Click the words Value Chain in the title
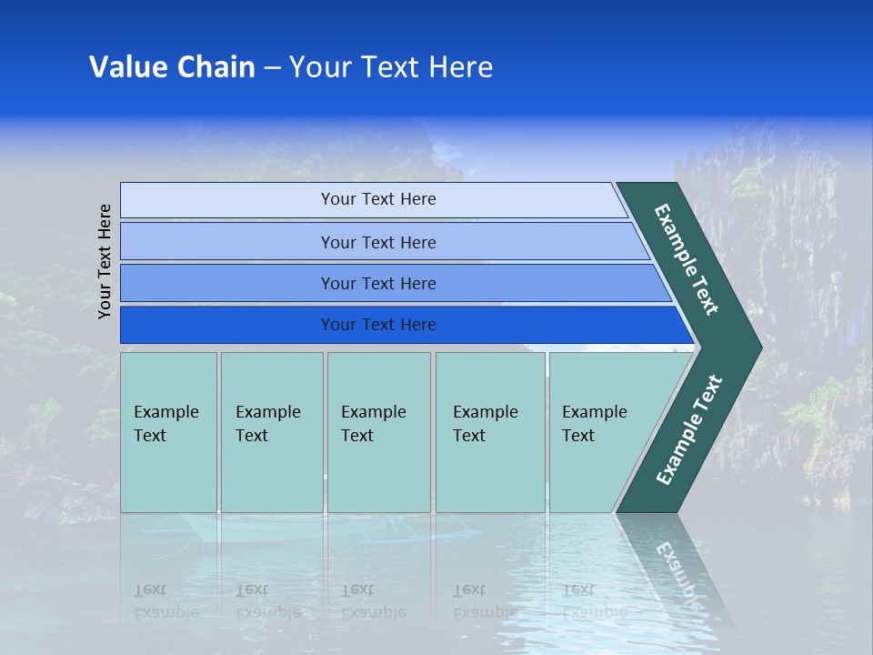coord(172,67)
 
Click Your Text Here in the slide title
coord(391,67)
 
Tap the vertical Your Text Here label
coord(105,261)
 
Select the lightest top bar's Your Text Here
coord(378,199)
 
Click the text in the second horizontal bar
coord(378,243)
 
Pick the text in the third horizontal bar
coord(378,284)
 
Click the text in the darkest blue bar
coord(378,325)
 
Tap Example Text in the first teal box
coord(166,424)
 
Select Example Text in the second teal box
coord(267,424)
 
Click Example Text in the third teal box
coord(373,424)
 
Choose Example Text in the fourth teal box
coord(485,424)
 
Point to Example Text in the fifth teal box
coord(594,424)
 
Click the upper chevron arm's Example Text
coord(687,259)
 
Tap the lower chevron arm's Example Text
coord(689,429)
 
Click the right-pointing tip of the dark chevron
coord(757,347)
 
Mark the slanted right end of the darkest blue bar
coord(684,326)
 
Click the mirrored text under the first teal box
coord(166,601)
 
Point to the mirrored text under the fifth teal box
coord(594,601)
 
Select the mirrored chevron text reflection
coord(678,569)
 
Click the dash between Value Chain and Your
coord(272,68)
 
